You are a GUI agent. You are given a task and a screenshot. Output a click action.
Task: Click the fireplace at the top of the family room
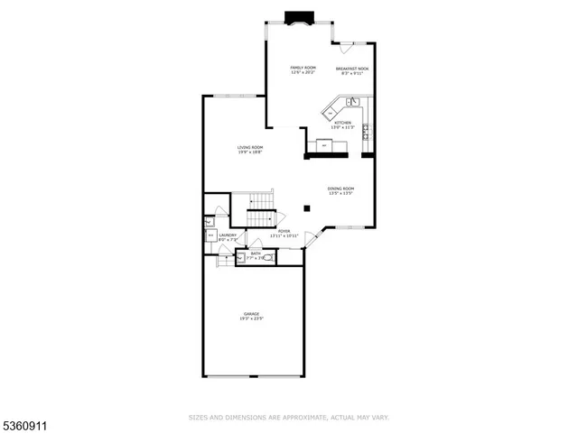[298, 16]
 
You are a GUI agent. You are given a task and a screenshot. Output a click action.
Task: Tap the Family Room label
[302, 68]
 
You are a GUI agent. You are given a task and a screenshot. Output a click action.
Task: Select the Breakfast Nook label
[352, 69]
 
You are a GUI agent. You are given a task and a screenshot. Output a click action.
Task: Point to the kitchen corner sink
[355, 103]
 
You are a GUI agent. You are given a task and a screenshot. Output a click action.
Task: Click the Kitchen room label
[342, 123]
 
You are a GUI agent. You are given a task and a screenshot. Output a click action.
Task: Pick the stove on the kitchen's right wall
[366, 134]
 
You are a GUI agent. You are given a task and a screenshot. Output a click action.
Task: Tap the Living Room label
[250, 147]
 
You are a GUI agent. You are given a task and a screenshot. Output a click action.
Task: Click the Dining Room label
[340, 189]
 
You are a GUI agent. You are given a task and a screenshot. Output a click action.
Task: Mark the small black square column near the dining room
[307, 208]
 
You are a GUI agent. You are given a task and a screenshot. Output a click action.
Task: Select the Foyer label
[284, 231]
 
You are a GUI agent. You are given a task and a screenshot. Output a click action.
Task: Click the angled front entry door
[312, 239]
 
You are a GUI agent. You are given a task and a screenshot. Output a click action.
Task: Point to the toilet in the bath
[266, 257]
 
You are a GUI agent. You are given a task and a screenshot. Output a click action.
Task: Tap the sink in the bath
[240, 257]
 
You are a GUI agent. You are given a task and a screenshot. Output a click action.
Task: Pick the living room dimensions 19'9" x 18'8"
[250, 152]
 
